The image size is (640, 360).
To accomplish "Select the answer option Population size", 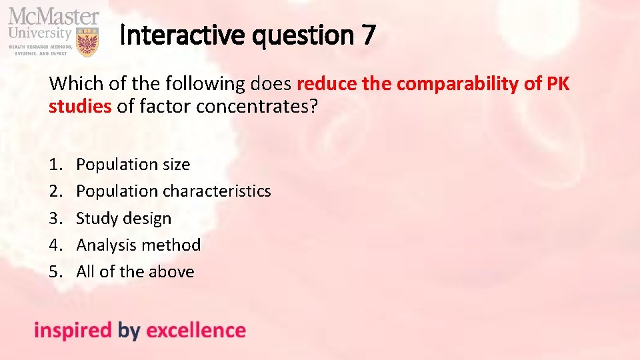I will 133,164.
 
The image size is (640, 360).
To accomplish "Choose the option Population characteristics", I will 173,191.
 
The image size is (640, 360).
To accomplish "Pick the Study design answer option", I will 123,218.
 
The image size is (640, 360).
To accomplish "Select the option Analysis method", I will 138,245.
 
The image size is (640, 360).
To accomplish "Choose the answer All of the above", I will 135,271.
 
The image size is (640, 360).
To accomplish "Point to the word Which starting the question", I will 72,84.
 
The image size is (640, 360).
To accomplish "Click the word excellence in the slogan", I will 195,330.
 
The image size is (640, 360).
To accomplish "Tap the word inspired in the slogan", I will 73,330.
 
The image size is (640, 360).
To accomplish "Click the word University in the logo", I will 39,32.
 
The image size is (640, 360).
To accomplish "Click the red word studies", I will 79,105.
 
